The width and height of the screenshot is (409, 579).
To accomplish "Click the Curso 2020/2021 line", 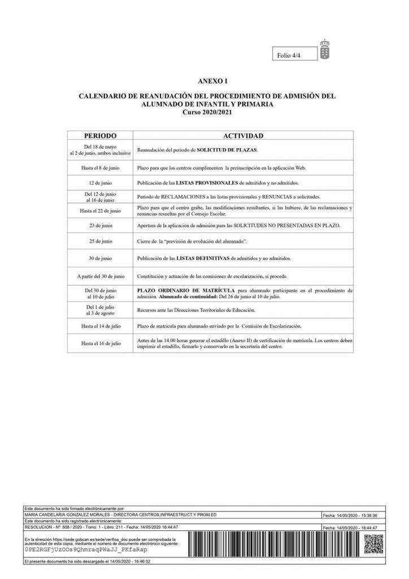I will point(207,112).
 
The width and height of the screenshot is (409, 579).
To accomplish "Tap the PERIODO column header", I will point(101,136).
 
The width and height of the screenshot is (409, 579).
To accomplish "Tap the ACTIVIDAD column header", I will point(243,136).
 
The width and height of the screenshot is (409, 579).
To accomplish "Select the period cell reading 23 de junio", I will point(101,226).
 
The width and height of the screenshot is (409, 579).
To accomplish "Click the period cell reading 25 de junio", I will point(101,241).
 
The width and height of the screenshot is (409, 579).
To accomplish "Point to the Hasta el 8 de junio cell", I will point(101,168).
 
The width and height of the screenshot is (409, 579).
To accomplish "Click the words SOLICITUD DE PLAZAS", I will point(226,150).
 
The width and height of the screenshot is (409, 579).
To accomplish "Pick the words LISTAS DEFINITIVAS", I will point(203,258).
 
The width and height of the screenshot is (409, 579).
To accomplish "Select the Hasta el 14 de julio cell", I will point(101,326).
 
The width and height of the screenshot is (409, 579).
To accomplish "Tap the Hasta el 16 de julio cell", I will point(101,343).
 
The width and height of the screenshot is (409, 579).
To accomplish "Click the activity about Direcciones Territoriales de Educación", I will point(196,310).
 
